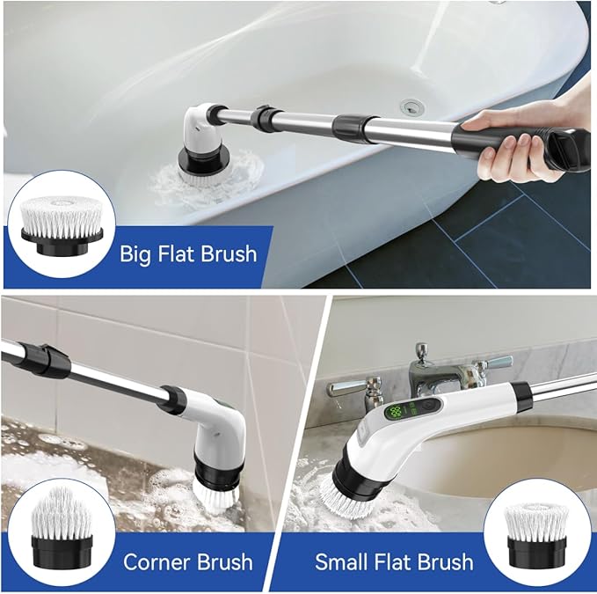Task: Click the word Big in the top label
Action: coord(137,254)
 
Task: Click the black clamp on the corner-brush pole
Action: coord(50,360)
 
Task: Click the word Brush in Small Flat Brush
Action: coord(442,561)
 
